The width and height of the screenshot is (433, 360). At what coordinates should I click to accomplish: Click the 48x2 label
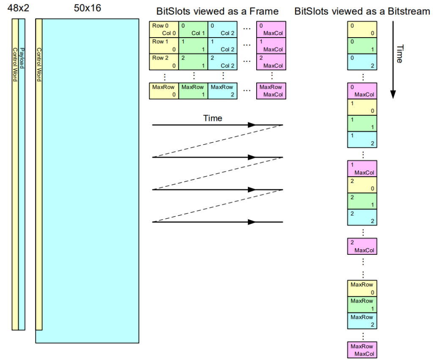[18, 8]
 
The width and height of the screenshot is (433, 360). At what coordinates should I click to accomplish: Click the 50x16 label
[88, 8]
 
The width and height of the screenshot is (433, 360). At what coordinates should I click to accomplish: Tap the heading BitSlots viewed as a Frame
[217, 11]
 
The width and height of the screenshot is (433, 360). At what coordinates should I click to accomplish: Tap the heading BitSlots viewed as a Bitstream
[362, 11]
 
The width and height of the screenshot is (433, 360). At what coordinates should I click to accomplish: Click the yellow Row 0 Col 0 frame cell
[164, 30]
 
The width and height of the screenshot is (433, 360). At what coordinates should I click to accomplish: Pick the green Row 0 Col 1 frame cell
[193, 30]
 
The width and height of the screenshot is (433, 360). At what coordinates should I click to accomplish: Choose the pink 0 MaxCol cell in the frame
[271, 30]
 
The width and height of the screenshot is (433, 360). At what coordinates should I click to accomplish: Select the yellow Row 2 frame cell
[164, 62]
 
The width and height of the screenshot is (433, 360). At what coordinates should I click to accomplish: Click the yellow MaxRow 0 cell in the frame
[164, 91]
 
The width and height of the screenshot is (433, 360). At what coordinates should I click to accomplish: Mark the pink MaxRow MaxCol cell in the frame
[271, 91]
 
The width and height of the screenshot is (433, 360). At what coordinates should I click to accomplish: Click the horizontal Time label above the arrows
[212, 118]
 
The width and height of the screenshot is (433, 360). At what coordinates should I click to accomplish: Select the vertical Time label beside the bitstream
[398, 54]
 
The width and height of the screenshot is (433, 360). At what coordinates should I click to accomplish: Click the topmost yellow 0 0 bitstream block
[362, 30]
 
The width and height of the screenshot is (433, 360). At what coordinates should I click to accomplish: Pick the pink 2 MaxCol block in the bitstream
[362, 246]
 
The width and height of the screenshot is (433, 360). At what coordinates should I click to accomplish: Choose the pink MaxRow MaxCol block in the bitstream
[362, 350]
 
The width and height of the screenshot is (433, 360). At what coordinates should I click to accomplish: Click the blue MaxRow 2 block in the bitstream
[362, 321]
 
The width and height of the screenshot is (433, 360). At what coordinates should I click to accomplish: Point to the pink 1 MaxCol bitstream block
[362, 169]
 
